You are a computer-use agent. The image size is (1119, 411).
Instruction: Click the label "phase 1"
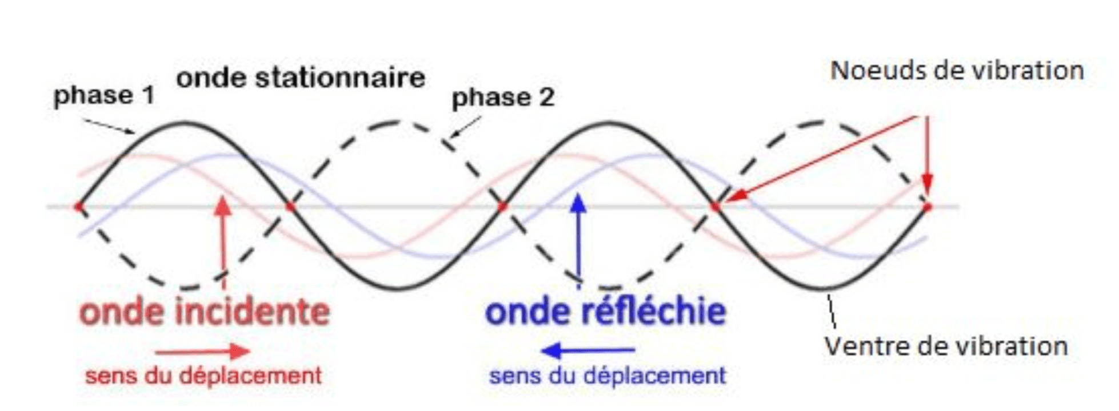(104, 96)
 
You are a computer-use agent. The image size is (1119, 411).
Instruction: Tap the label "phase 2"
(503, 98)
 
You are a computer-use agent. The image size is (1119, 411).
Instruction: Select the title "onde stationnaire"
(301, 78)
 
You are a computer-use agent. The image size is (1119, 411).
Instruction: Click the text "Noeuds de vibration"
(957, 71)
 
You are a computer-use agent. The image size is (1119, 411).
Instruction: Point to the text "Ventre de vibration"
(946, 346)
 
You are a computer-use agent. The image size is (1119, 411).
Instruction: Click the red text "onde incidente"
(205, 312)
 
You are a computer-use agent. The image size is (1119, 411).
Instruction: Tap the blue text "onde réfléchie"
(605, 311)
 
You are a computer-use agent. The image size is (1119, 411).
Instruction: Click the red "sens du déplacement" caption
(203, 376)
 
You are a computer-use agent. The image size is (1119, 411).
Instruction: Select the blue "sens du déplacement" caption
(608, 376)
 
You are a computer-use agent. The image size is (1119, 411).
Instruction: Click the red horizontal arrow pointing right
(202, 351)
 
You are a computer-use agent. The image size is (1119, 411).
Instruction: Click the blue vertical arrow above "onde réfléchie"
(579, 239)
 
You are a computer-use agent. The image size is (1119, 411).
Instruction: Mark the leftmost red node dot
(79, 207)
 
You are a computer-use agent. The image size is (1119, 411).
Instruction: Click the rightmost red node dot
(927, 207)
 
